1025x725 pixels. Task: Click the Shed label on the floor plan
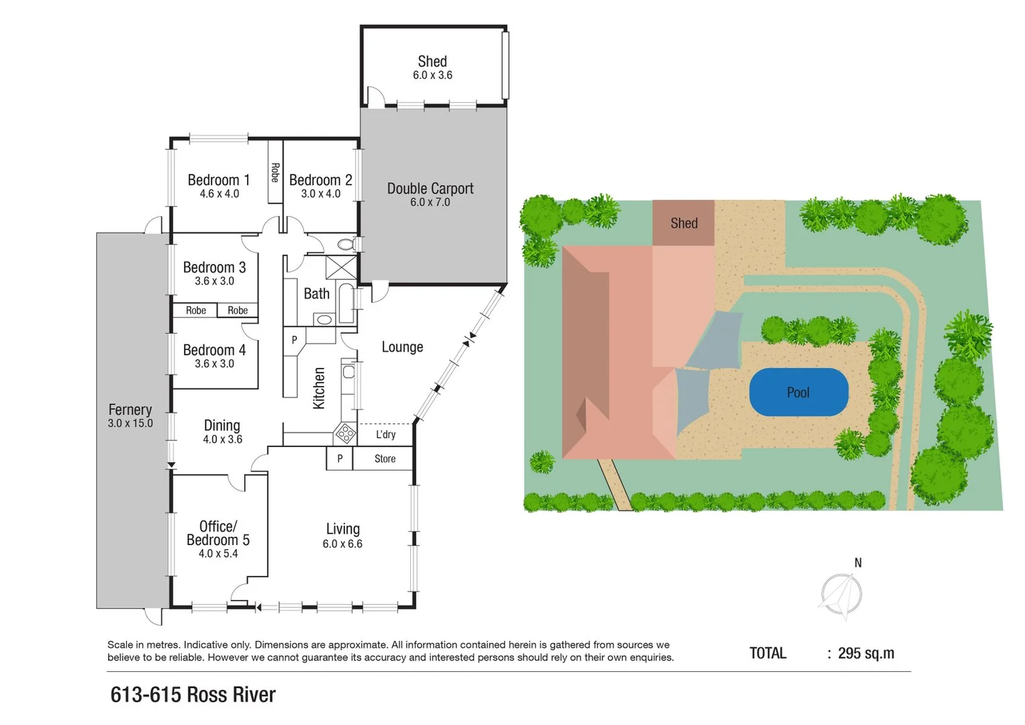432,62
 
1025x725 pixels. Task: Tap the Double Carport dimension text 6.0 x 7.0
430,202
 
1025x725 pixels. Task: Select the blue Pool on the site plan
798,392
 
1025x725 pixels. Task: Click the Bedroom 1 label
219,180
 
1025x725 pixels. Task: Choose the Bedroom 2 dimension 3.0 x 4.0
321,194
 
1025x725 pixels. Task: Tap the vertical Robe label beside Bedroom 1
275,173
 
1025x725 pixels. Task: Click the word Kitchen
319,388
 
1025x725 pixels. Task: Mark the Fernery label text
130,409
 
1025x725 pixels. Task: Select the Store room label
385,459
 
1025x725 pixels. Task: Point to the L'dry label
385,434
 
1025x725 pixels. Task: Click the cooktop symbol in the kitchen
346,434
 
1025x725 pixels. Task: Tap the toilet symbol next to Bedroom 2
347,244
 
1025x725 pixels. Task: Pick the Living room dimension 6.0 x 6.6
342,544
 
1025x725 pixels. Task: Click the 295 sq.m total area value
866,653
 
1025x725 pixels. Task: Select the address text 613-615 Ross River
193,694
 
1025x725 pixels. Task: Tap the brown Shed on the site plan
683,223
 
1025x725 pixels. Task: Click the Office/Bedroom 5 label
218,533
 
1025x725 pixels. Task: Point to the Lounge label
402,347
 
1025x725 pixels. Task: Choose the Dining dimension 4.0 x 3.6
222,440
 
